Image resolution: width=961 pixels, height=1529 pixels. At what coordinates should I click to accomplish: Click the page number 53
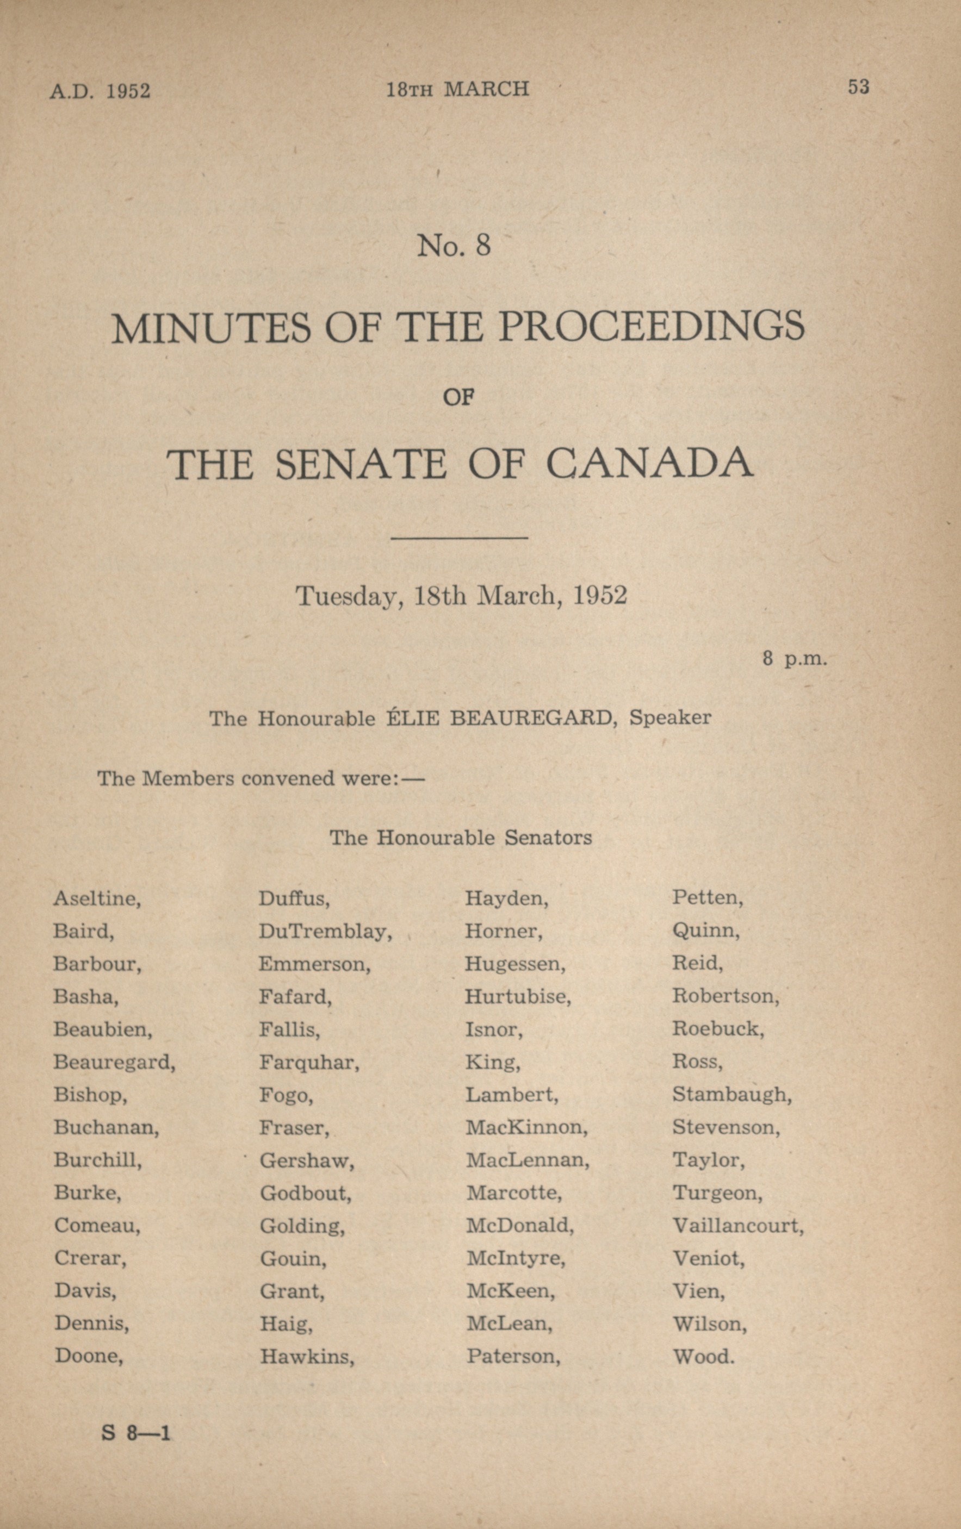pos(858,87)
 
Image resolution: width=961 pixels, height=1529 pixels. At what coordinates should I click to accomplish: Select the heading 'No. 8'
pos(454,245)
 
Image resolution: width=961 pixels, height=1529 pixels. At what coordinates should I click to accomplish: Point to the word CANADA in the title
pos(649,464)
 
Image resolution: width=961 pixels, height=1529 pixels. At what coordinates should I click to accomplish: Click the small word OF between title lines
pos(458,397)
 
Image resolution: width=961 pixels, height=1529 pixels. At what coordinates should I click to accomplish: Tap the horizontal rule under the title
pos(459,539)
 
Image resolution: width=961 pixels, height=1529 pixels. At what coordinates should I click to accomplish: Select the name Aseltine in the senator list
pos(97,898)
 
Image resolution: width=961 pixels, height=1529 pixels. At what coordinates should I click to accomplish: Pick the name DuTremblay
pos(325,932)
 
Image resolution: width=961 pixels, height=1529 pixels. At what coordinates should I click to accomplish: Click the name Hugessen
pos(514,964)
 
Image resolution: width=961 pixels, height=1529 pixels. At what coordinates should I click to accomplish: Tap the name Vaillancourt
pos(737,1226)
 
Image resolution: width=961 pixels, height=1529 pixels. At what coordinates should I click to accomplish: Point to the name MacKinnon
pos(526,1128)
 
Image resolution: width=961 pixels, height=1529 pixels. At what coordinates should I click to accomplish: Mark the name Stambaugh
pos(731,1095)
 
